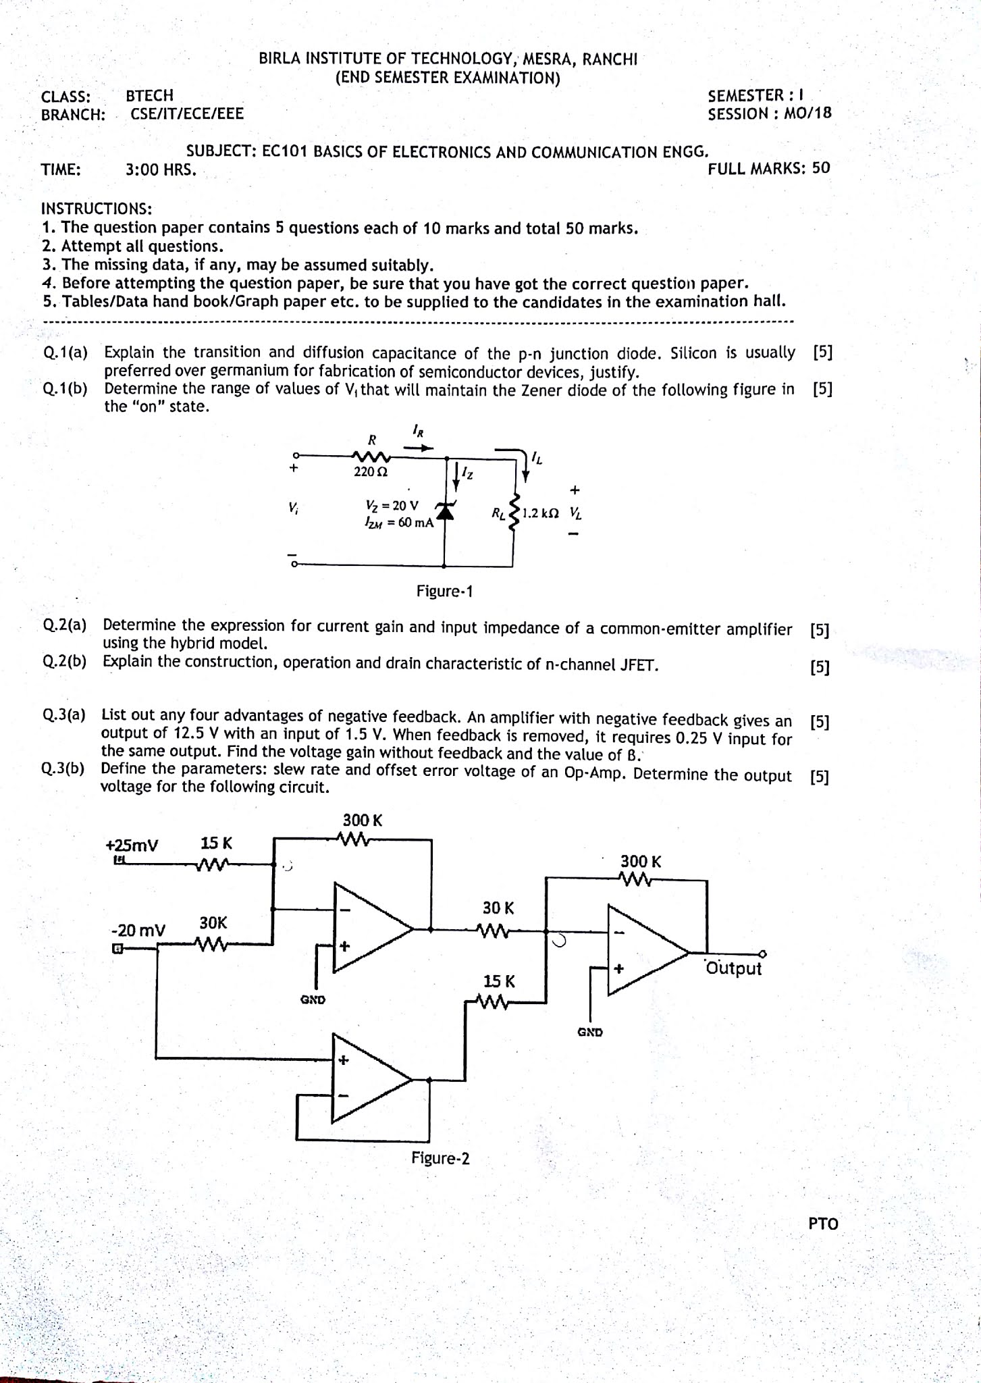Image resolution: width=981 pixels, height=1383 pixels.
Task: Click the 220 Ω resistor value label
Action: (x=370, y=472)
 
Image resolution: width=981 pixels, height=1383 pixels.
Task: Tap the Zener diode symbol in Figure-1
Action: (x=444, y=512)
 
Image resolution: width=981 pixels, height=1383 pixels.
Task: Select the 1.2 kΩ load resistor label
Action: (x=541, y=513)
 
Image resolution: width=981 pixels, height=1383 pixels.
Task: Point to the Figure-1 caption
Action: (x=444, y=592)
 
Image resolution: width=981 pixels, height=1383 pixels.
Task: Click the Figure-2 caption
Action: (x=440, y=1159)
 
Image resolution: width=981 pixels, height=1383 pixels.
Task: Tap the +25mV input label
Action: (x=132, y=845)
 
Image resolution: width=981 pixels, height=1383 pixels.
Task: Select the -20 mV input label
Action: (x=138, y=931)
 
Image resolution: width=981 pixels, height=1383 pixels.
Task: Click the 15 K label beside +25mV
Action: (x=216, y=843)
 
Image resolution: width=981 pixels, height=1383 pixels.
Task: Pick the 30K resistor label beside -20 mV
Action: (x=213, y=922)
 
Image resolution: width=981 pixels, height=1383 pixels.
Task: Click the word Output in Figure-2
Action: (x=733, y=968)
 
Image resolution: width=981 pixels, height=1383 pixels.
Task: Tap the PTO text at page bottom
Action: (x=823, y=1224)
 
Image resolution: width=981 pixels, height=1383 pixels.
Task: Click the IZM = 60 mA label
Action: (x=398, y=522)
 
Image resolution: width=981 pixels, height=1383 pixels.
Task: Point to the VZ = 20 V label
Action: (x=392, y=505)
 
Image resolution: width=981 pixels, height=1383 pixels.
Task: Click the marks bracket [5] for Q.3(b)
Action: (x=819, y=777)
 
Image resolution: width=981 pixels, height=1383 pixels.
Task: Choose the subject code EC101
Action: (x=284, y=151)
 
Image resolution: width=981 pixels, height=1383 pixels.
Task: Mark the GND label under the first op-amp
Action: (x=313, y=999)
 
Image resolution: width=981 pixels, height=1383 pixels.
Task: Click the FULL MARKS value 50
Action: (x=821, y=168)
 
